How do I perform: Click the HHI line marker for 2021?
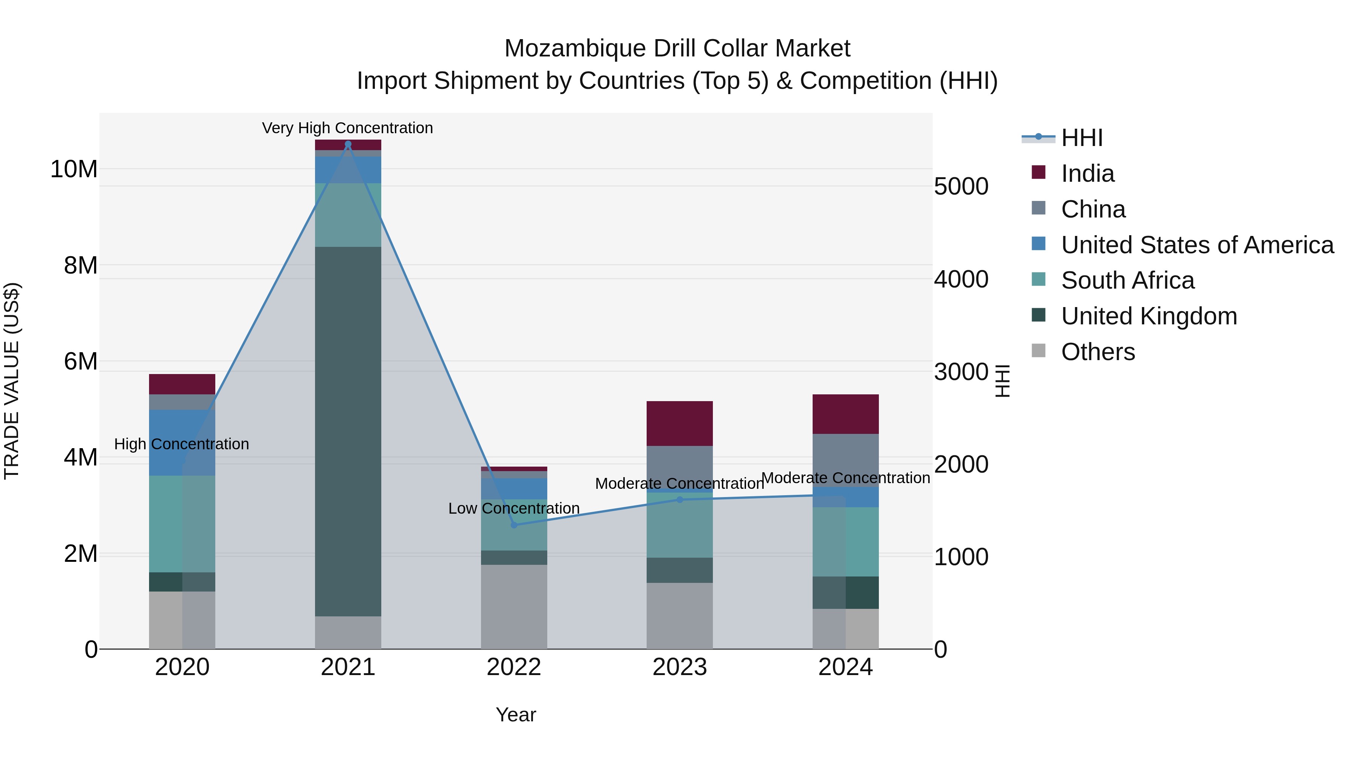(x=348, y=144)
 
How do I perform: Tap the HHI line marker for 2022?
(x=514, y=525)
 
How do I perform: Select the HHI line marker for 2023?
(x=680, y=500)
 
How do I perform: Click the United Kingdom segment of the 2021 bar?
(x=348, y=431)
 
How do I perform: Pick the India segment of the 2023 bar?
(x=680, y=423)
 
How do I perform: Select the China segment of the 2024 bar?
(x=845, y=458)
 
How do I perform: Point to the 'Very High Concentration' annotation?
(x=348, y=128)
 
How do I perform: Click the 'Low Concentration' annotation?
(x=514, y=508)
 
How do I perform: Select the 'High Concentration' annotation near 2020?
(x=181, y=444)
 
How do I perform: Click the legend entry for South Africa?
(x=1127, y=280)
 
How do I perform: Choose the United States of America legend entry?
(x=1197, y=245)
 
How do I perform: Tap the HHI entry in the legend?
(x=1081, y=138)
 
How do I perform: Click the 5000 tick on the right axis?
(x=961, y=186)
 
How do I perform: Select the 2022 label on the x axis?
(x=514, y=667)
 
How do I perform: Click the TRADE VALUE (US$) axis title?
(x=12, y=381)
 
